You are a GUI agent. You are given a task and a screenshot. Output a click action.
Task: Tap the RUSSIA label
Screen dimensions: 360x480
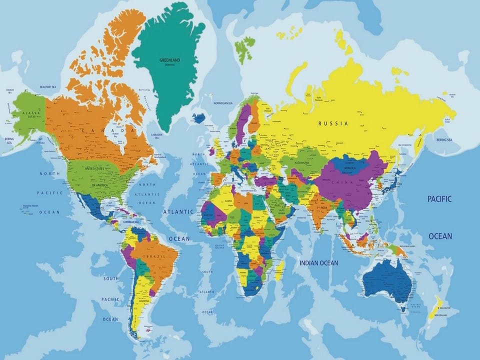333,122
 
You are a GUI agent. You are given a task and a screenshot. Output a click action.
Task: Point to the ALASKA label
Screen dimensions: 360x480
25,114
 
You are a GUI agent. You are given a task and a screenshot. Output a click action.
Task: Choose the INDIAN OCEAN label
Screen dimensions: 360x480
318,262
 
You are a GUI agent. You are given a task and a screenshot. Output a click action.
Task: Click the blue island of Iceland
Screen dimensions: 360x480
198,118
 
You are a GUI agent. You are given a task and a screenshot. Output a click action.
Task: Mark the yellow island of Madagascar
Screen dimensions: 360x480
280,270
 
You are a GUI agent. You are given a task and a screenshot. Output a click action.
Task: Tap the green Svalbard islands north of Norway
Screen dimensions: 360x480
244,50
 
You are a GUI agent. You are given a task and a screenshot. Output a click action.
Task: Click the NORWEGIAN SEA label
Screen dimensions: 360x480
223,103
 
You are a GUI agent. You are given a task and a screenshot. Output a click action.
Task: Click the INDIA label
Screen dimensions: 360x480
323,207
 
